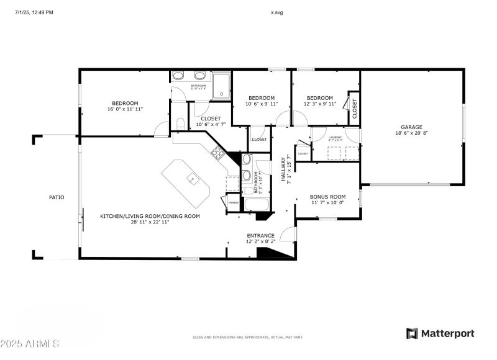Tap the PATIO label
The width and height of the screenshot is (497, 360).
(57, 197)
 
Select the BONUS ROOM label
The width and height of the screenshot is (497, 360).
(327, 197)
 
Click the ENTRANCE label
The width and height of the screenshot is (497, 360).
(260, 235)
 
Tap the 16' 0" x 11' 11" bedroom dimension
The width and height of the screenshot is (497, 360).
(125, 109)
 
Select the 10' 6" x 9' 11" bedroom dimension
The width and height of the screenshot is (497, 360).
(262, 104)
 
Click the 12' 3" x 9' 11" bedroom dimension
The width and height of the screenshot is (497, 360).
(320, 104)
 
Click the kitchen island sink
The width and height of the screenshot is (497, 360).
(193, 181)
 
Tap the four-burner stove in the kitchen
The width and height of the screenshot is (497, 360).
(217, 152)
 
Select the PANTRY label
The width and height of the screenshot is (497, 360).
(233, 203)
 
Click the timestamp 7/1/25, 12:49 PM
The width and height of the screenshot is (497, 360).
(34, 12)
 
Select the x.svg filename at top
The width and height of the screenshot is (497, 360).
(277, 12)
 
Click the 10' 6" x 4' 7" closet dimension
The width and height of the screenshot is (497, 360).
(208, 124)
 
